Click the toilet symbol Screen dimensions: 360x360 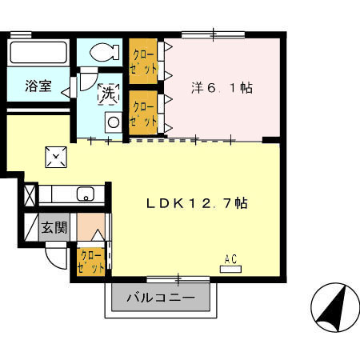[x=104, y=52]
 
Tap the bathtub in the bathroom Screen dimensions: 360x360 [x=38, y=52]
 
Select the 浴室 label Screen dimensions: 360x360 [x=38, y=86]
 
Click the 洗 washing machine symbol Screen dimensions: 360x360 [x=109, y=94]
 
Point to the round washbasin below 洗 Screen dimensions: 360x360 [x=114, y=122]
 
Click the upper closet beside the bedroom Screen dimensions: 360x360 [x=143, y=62]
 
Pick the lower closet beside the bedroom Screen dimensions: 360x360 [x=143, y=113]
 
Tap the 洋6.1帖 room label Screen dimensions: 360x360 [x=222, y=87]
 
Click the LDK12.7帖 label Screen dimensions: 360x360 [x=197, y=203]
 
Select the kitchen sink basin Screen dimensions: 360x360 [x=86, y=194]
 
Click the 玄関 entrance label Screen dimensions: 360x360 [x=54, y=227]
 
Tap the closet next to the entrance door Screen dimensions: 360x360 [x=91, y=262]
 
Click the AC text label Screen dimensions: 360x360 [x=230, y=259]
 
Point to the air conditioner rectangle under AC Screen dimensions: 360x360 [x=230, y=270]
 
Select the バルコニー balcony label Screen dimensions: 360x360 [x=161, y=298]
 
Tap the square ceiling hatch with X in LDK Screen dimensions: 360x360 [x=56, y=157]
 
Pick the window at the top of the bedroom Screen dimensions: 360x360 [x=214, y=35]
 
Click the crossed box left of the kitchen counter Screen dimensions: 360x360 [x=30, y=195]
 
